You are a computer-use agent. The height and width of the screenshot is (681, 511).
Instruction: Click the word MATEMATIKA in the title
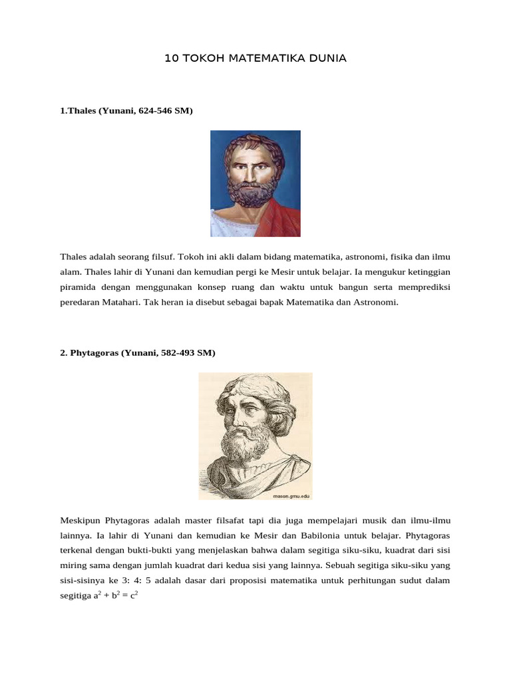(x=266, y=59)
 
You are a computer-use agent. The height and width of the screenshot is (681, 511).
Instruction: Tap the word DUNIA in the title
(x=327, y=59)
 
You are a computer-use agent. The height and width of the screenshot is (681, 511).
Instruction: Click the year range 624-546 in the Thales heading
(x=156, y=111)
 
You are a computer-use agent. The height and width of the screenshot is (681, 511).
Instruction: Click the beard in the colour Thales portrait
(x=252, y=192)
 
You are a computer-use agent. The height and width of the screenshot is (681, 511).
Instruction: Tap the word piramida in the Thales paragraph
(x=78, y=287)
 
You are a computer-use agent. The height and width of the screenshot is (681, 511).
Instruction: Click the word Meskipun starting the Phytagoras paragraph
(x=79, y=519)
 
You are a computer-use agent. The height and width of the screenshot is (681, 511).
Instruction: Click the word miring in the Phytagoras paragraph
(x=73, y=565)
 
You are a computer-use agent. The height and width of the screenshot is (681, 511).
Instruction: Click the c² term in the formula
(x=133, y=596)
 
